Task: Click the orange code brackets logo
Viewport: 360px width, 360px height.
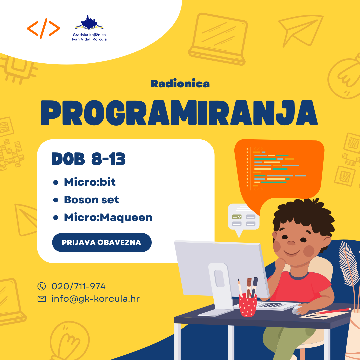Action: click(43, 28)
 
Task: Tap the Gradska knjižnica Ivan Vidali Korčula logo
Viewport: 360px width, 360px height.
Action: click(89, 28)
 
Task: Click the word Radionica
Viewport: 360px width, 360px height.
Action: click(180, 84)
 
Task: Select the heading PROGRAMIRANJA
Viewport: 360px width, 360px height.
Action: click(179, 113)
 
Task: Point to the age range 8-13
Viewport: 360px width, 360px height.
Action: click(108, 159)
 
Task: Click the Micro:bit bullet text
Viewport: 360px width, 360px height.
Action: click(90, 182)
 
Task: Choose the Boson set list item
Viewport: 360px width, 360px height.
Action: click(91, 200)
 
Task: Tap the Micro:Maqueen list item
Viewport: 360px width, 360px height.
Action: click(108, 217)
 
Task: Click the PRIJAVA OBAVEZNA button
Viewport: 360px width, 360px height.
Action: click(102, 242)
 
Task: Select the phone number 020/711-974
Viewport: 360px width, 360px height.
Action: click(79, 286)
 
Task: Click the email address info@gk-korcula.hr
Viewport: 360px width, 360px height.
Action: click(96, 299)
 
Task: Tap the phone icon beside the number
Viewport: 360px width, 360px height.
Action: click(42, 286)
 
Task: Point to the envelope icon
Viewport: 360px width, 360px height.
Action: click(42, 299)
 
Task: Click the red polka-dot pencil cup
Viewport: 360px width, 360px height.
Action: click(248, 305)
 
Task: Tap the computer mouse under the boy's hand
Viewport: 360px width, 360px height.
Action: click(298, 310)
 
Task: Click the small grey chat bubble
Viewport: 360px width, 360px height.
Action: click(244, 219)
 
